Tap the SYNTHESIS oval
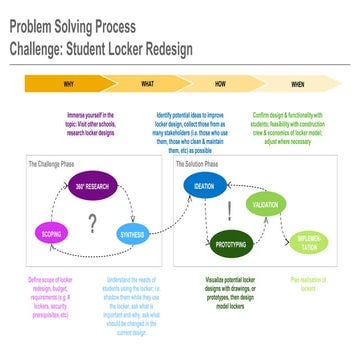pos(133,236)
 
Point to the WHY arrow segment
pos(67,84)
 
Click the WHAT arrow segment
pos(147,84)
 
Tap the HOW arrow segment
pos(219,84)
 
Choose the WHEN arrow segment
pos(297,84)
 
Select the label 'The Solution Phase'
pos(196,164)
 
